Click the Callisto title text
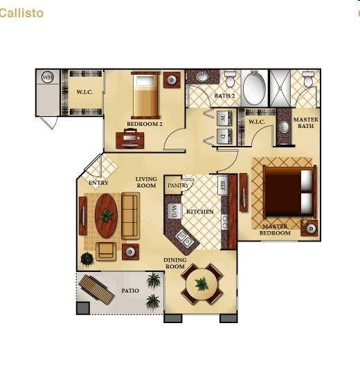tap(21, 13)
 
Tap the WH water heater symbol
tap(48, 77)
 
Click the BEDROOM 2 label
tap(144, 125)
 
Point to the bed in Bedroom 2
tap(146, 96)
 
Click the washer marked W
tap(223, 118)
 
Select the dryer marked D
tap(223, 136)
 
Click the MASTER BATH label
tap(307, 122)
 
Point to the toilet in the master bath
tap(308, 80)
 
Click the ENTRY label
tap(98, 183)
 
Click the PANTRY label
tap(178, 185)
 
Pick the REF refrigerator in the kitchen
tap(223, 185)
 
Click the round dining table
tap(201, 284)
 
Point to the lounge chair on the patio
tap(96, 290)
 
